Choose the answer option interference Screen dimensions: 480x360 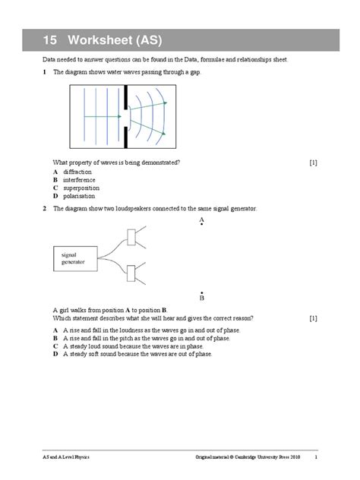79,180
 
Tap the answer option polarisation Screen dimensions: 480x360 80,195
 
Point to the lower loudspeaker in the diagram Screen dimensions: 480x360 134,272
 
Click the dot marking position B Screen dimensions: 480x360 202,292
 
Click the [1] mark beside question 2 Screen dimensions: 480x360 314,318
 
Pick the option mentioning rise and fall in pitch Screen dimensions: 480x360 144,339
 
